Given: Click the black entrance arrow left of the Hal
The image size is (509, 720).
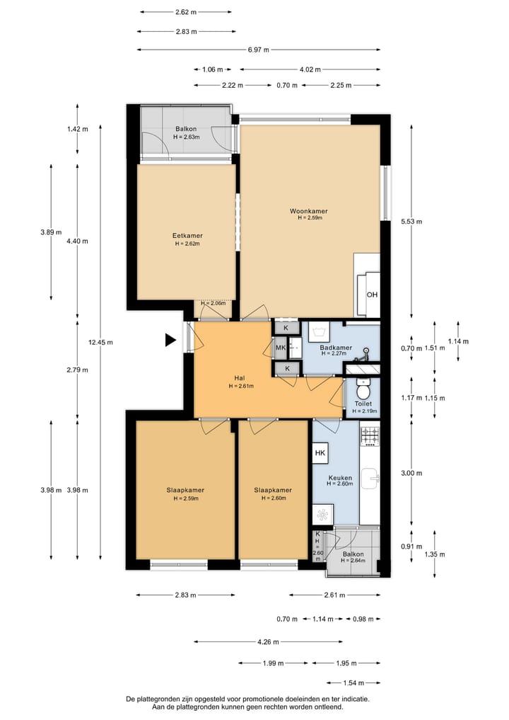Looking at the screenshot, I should tap(170, 341).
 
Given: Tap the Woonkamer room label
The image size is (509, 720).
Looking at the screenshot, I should tap(308, 211).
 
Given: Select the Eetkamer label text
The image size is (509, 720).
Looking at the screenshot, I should tap(187, 236).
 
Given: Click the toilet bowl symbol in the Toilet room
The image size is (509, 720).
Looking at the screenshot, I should tap(363, 391).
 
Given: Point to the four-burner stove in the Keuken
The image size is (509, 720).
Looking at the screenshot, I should tap(370, 436).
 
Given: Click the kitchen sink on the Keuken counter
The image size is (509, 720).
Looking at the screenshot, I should tap(370, 479).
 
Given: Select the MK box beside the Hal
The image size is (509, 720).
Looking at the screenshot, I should tap(281, 348).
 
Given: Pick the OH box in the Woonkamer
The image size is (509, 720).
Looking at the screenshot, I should tap(372, 295).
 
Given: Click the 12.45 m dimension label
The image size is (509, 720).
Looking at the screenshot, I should tap(100, 342).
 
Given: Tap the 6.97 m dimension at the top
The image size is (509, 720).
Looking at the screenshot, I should tap(258, 50).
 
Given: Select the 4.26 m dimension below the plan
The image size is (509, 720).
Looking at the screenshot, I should tap(268, 642).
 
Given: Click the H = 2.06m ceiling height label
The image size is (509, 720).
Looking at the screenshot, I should tap(213, 303).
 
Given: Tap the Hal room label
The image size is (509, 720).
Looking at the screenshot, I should tap(240, 378).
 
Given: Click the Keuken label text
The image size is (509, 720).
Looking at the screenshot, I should tap(339, 477).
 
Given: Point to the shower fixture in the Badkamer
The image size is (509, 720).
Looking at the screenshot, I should tap(365, 352).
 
